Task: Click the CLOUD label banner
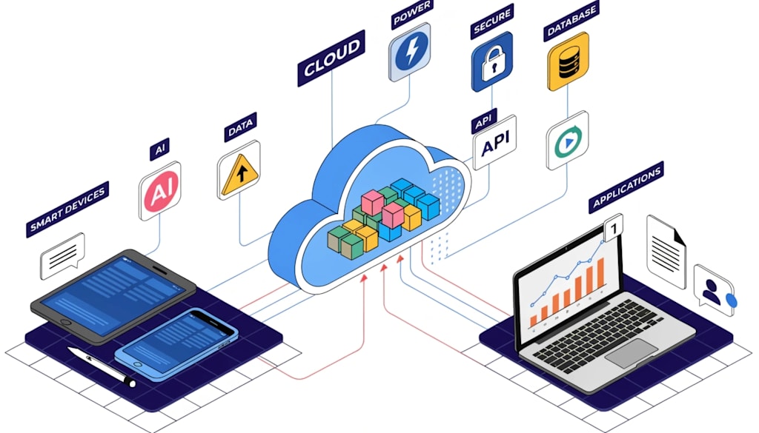click(x=331, y=58)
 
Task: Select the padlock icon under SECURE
click(x=492, y=62)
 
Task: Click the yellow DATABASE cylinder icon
click(x=569, y=61)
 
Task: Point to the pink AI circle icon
click(x=160, y=191)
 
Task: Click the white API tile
click(x=494, y=143)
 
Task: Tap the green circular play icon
click(x=568, y=141)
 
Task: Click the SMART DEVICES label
click(x=67, y=209)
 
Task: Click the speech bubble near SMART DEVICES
click(x=62, y=255)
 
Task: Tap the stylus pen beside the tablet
click(x=102, y=366)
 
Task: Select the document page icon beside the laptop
click(x=666, y=252)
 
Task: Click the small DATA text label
click(x=241, y=127)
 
